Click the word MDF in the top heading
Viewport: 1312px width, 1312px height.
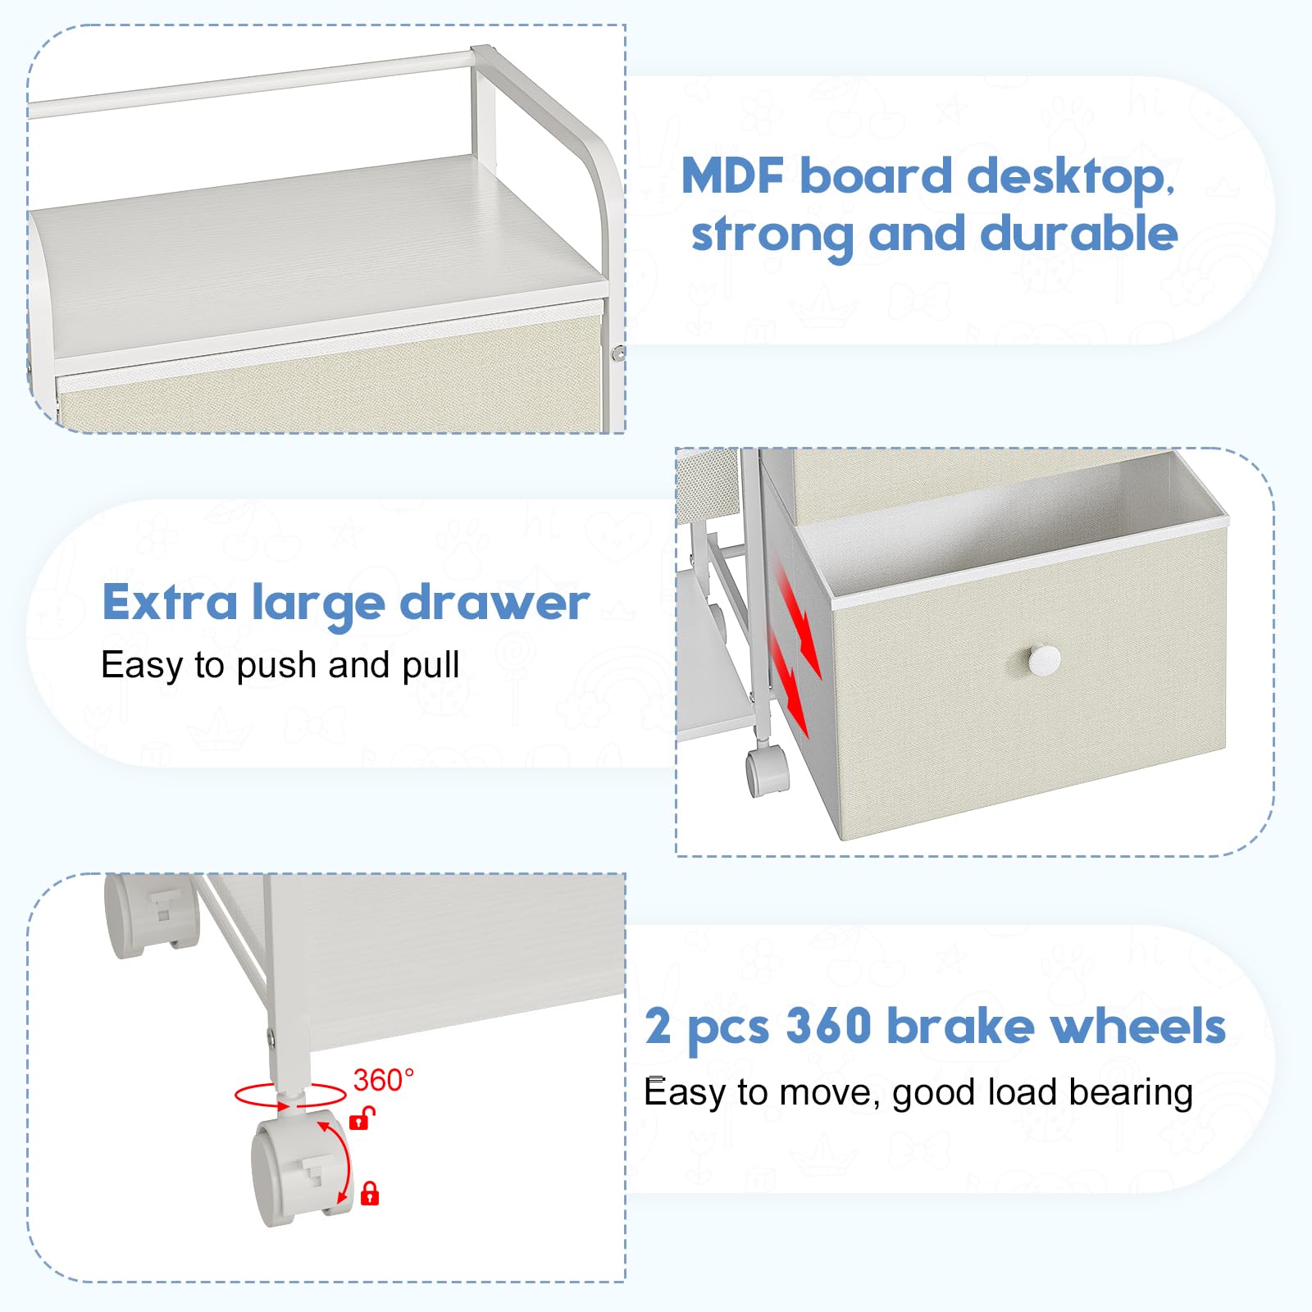click(x=733, y=175)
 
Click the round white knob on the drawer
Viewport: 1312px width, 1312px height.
click(x=1044, y=659)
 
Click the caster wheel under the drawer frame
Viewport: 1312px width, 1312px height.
click(x=767, y=771)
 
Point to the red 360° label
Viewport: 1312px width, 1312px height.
click(x=384, y=1080)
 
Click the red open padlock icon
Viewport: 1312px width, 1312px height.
click(x=362, y=1117)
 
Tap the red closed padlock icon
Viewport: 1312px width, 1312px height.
click(x=370, y=1192)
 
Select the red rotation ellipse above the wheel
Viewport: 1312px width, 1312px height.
click(x=290, y=1096)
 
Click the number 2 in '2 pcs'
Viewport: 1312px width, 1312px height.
click(x=658, y=1026)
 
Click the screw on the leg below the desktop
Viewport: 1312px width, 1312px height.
click(x=618, y=354)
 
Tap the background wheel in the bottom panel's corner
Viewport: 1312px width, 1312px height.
click(x=153, y=915)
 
